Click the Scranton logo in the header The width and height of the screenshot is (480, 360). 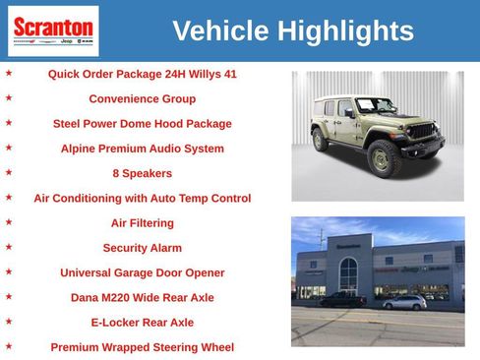(x=53, y=30)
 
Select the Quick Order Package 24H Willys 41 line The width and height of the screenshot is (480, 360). (x=142, y=74)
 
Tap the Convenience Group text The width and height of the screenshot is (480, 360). (x=142, y=99)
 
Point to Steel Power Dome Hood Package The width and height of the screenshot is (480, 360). (x=142, y=124)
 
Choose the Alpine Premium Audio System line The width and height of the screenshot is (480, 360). (x=142, y=149)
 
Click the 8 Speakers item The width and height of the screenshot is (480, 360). (x=142, y=173)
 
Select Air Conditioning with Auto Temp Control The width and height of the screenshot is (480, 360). (x=142, y=198)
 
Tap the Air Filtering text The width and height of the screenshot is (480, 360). (x=142, y=223)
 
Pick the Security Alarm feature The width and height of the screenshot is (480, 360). (x=142, y=248)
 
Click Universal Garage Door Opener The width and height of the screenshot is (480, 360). (x=142, y=272)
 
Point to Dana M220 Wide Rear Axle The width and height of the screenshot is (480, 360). (x=142, y=297)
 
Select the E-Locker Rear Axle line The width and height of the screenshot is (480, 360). (x=142, y=322)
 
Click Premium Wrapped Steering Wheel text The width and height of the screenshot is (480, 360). (x=142, y=347)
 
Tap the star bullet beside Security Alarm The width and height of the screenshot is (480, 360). (x=9, y=247)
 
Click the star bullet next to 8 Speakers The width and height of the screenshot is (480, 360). (x=9, y=172)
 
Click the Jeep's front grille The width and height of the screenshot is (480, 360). (x=421, y=131)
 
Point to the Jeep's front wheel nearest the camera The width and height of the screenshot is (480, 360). (x=384, y=156)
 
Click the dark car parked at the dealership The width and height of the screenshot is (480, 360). (x=343, y=299)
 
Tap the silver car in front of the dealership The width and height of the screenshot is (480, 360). (x=404, y=302)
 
